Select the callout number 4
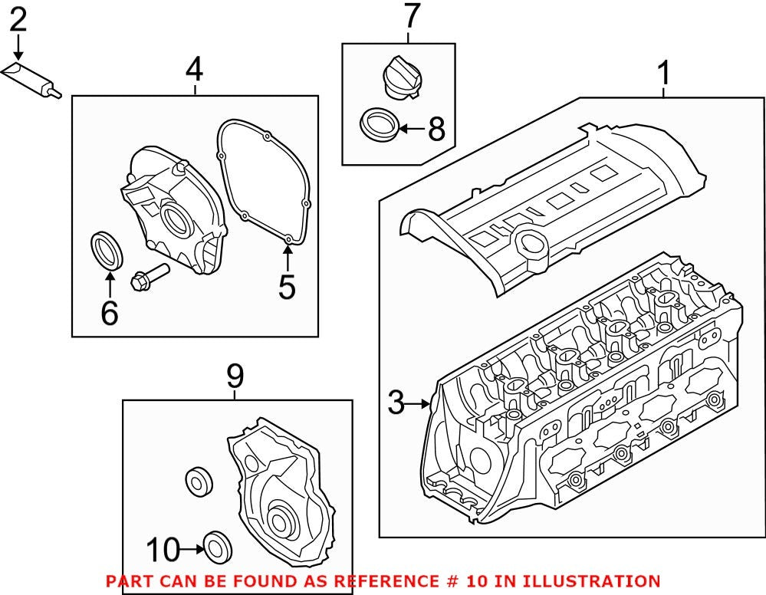click(195, 70)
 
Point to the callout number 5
click(287, 287)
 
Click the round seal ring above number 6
click(106, 249)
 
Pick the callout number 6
click(109, 313)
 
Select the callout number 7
click(412, 16)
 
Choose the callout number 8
click(436, 129)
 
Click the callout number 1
click(664, 74)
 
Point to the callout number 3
click(396, 403)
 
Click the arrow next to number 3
click(420, 403)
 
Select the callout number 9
click(235, 376)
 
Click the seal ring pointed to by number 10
click(217, 546)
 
